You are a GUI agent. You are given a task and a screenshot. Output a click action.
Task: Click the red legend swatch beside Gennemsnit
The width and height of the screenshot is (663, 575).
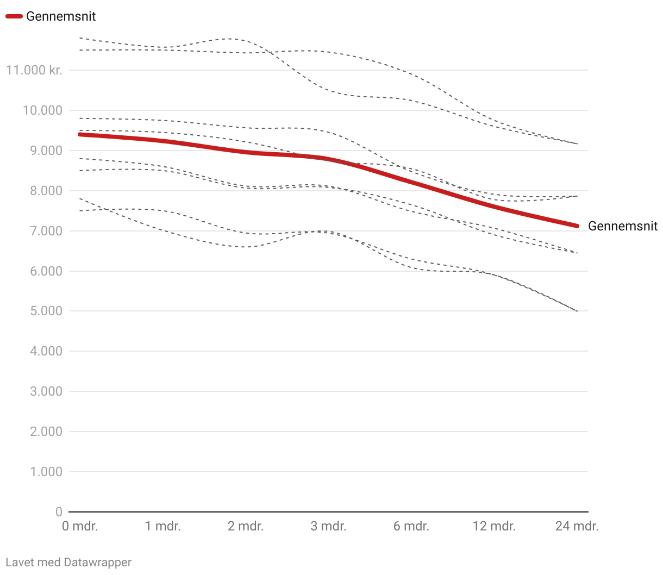[14, 16]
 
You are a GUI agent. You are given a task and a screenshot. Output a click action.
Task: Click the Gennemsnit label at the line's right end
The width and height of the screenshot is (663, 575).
[623, 226]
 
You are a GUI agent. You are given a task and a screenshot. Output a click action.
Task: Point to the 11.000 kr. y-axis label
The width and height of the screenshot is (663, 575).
[34, 70]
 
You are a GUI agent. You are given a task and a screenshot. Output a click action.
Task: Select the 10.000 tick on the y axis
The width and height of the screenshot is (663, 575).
[42, 110]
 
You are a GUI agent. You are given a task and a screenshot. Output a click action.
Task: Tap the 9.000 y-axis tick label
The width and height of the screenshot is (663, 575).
[45, 151]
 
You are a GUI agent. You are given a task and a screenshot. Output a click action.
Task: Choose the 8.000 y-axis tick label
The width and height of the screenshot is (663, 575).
[45, 191]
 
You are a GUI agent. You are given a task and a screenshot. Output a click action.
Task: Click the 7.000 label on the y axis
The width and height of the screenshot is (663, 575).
[45, 231]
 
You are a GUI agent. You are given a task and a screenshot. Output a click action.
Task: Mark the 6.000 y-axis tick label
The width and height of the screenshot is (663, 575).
[45, 271]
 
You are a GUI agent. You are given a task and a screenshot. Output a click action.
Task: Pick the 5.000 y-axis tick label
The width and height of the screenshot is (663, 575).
[45, 311]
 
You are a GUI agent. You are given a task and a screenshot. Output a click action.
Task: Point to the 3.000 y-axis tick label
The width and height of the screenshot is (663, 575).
[45, 391]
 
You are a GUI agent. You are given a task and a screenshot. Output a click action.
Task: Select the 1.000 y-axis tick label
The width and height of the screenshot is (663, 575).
[45, 472]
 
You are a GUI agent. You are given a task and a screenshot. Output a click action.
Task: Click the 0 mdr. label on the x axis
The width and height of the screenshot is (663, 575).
[80, 526]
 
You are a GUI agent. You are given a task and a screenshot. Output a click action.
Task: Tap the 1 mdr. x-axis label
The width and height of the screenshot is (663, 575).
[163, 526]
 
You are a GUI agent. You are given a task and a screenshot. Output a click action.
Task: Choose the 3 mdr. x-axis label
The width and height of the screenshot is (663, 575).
[328, 526]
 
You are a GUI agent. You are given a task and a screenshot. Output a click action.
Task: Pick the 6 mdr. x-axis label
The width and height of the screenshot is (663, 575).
[411, 526]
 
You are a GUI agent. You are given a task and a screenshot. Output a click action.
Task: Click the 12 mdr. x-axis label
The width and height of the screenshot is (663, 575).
[494, 526]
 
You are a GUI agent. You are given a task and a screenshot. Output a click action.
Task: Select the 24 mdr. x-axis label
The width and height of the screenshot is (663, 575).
[577, 526]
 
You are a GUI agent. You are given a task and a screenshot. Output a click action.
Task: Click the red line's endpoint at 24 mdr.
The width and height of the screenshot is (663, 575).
[577, 226]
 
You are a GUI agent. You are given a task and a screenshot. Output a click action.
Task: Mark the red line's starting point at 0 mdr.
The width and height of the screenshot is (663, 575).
[80, 134]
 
